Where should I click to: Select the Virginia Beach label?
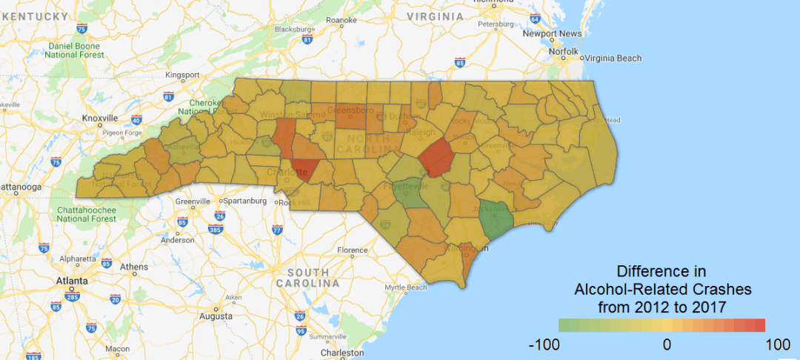[614, 58]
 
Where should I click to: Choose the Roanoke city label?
[341, 20]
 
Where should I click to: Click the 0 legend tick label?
[667, 344]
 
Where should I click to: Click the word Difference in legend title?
[652, 270]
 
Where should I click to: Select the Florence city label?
[353, 250]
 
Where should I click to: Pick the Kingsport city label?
[183, 75]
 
